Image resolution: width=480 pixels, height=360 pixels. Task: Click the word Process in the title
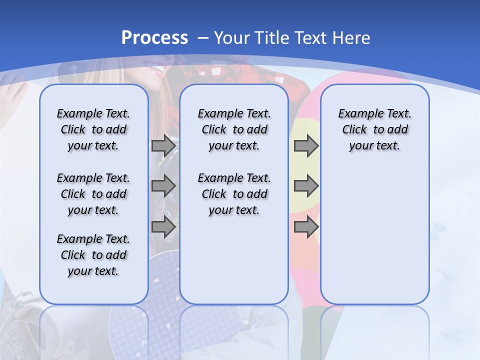(x=154, y=38)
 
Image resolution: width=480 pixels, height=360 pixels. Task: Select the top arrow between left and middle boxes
(x=163, y=146)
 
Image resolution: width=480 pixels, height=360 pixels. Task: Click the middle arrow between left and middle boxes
(x=163, y=186)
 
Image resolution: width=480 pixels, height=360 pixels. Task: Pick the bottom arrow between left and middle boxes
(x=163, y=227)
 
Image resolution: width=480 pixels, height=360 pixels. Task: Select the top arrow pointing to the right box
(x=306, y=146)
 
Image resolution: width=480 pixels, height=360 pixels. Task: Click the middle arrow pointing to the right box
(x=306, y=186)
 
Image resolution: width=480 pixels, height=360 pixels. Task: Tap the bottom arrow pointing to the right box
(x=306, y=227)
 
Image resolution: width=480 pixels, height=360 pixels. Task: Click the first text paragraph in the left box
(x=93, y=129)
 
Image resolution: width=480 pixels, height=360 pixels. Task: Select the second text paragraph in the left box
(x=93, y=194)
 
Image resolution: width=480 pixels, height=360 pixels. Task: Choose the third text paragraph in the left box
(x=93, y=255)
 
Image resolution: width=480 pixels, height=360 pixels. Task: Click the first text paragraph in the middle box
(x=234, y=129)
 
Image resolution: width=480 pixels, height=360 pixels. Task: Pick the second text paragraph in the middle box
(x=234, y=194)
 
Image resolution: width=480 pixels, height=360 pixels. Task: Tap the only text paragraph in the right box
(x=374, y=129)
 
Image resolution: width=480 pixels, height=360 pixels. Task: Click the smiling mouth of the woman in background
(x=157, y=68)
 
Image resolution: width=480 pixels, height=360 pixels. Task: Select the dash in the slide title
(x=203, y=38)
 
